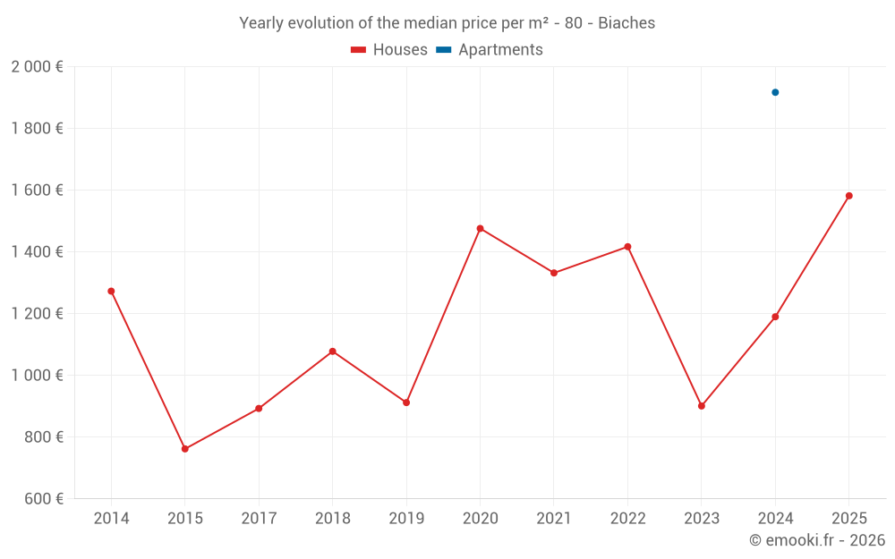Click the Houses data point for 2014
(x=111, y=292)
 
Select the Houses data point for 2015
(x=185, y=449)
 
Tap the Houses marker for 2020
(x=480, y=229)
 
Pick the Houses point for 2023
(x=702, y=406)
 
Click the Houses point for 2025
(x=849, y=196)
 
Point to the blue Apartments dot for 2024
(x=775, y=92)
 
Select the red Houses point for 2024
(x=775, y=317)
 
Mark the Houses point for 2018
(x=333, y=351)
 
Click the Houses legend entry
(x=389, y=50)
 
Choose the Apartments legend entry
(x=490, y=50)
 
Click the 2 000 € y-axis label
(x=37, y=67)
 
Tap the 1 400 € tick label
(x=37, y=252)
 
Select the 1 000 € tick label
(x=37, y=376)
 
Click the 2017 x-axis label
(x=259, y=519)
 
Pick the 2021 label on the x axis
(x=554, y=519)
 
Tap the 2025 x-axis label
(x=849, y=519)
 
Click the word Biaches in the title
(x=626, y=23)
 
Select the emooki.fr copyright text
(x=817, y=540)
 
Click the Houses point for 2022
(x=627, y=247)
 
